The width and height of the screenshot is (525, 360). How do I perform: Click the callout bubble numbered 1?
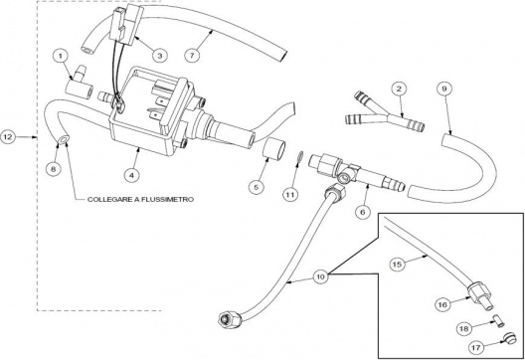click(61, 56)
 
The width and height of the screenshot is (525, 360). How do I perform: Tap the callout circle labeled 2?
click(399, 89)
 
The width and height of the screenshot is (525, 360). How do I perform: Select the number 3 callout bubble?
click(159, 55)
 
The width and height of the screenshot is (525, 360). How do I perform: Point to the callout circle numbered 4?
click(131, 174)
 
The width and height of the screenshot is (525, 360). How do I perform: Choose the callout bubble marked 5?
click(257, 187)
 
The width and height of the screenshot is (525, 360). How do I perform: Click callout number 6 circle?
click(363, 212)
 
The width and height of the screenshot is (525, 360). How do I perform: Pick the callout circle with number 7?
click(192, 55)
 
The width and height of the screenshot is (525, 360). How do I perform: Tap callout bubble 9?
click(444, 89)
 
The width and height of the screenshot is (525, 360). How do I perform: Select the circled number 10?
click(321, 276)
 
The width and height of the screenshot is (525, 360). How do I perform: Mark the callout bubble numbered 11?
click(290, 194)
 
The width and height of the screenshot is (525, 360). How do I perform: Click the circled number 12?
click(8, 136)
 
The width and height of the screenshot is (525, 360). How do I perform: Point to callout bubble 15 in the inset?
click(397, 265)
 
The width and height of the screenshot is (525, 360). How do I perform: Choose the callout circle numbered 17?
click(475, 348)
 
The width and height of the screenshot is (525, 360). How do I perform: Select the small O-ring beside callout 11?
click(300, 158)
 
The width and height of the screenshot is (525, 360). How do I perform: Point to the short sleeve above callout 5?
click(272, 149)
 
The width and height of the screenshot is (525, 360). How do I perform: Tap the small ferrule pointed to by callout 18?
click(499, 321)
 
